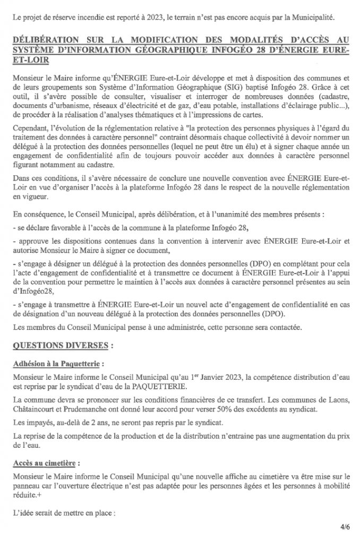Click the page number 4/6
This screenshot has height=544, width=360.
(x=345, y=527)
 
